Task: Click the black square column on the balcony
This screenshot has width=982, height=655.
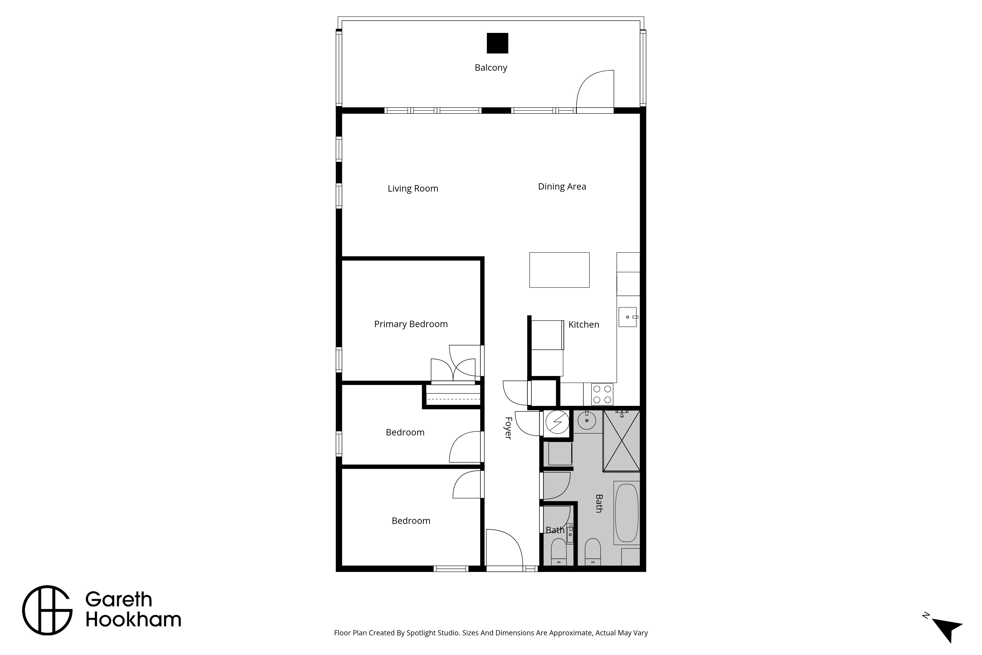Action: pos(497,43)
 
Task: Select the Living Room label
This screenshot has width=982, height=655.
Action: pos(413,188)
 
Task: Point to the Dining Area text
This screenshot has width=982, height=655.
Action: pos(562,187)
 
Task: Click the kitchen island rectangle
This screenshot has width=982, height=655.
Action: pos(559,270)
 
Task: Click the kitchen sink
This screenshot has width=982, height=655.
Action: pos(627,317)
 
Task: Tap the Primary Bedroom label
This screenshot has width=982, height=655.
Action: pos(411,324)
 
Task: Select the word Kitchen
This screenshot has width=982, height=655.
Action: pos(584,325)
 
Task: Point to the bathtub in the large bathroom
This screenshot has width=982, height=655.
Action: pos(626,513)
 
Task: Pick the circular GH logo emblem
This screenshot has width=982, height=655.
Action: pos(47,610)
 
